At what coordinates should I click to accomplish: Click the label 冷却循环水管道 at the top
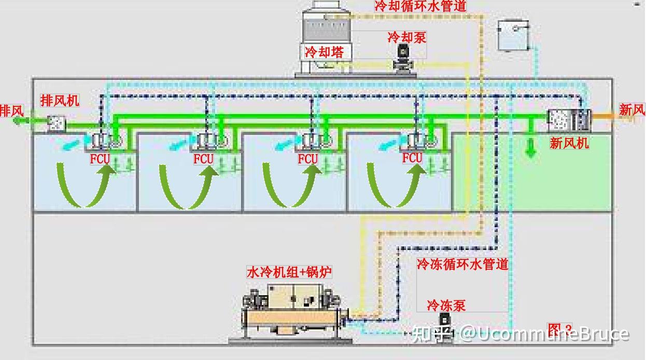420,6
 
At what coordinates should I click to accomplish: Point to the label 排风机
60,101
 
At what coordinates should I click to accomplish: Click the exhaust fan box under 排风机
56,123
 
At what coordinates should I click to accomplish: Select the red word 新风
632,109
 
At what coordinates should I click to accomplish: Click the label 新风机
569,143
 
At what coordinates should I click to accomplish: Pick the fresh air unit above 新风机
569,120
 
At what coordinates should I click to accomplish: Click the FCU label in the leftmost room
100,159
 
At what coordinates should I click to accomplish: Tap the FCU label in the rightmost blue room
412,158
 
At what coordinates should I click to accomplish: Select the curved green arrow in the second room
179,186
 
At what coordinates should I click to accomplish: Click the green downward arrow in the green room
530,147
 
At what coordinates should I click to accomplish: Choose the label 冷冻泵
446,305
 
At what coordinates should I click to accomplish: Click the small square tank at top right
513,35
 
